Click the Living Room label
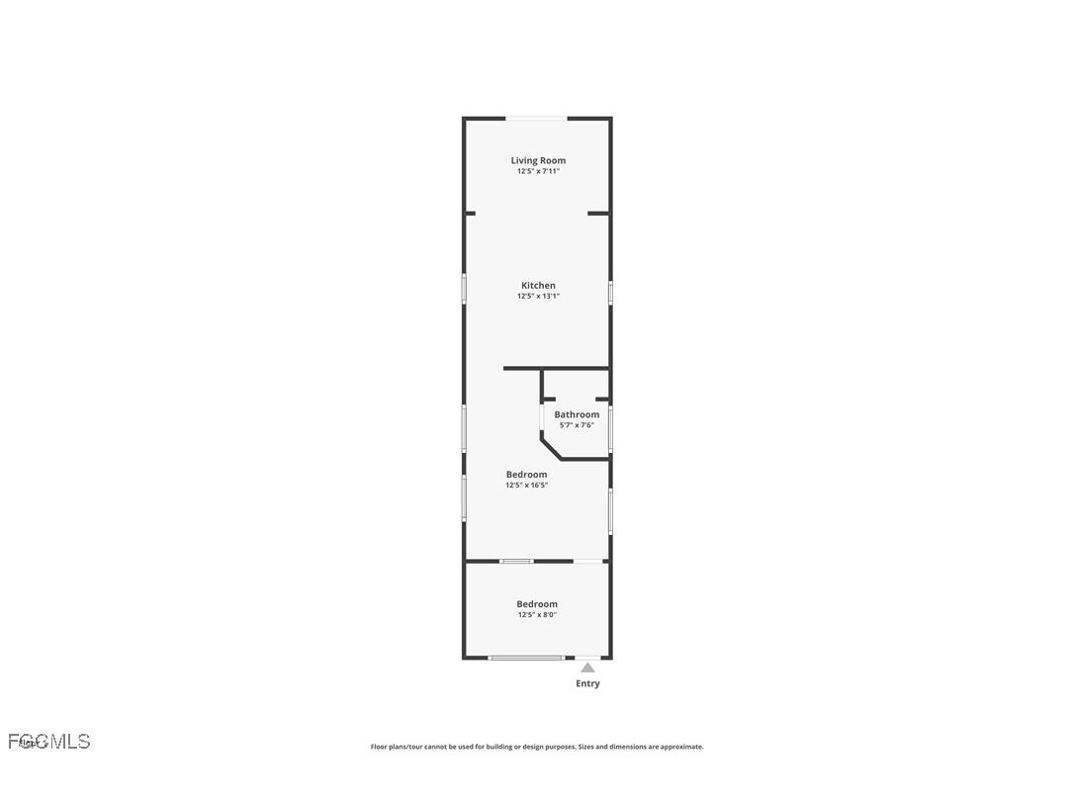[x=538, y=160]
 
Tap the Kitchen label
[x=538, y=286]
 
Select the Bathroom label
[x=577, y=414]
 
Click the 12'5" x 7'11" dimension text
[x=538, y=171]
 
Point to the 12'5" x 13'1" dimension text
[x=538, y=296]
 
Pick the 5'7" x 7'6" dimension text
[x=577, y=425]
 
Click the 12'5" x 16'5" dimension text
[x=526, y=486]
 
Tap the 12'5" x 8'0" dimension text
[x=537, y=615]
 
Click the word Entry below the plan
[x=587, y=683]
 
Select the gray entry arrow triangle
[x=587, y=668]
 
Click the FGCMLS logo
[x=49, y=741]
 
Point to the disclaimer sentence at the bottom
[x=537, y=747]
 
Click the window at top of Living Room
[x=537, y=119]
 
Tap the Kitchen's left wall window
[x=464, y=289]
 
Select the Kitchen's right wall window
[x=610, y=293]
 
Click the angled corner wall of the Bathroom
[x=550, y=448]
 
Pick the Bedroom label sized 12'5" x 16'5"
[x=526, y=475]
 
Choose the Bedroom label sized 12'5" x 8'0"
[x=537, y=604]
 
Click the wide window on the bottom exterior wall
[x=526, y=658]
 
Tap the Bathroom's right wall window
[x=610, y=429]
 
